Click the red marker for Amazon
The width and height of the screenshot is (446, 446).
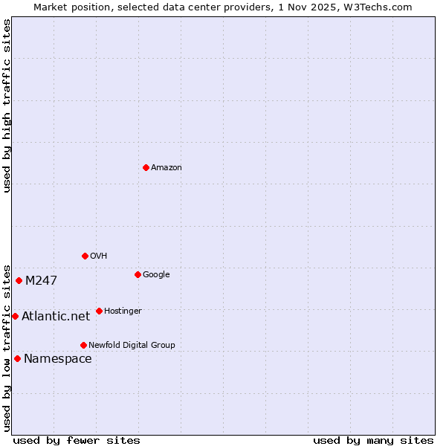(146, 167)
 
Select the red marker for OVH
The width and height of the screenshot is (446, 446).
(85, 256)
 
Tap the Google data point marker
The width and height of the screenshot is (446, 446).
(138, 274)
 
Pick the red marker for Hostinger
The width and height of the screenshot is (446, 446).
(99, 311)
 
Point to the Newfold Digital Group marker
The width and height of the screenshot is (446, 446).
(83, 345)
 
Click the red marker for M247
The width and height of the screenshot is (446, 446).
(19, 280)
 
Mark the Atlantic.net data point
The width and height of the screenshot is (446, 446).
(15, 316)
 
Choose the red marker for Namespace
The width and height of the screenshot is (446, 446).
(17, 358)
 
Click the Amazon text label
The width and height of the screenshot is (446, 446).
(167, 168)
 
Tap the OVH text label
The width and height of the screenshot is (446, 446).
(99, 256)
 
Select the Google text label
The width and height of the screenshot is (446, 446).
(156, 275)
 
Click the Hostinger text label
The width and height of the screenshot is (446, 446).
(123, 311)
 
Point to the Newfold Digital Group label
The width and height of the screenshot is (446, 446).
(132, 346)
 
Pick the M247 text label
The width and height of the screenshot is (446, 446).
(41, 281)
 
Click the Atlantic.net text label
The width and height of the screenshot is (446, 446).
(56, 317)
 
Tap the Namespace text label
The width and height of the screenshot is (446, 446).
(58, 359)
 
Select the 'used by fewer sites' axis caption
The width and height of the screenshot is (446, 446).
(77, 440)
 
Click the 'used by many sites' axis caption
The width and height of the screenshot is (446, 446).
(373, 440)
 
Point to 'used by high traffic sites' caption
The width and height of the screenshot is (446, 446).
(7, 106)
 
